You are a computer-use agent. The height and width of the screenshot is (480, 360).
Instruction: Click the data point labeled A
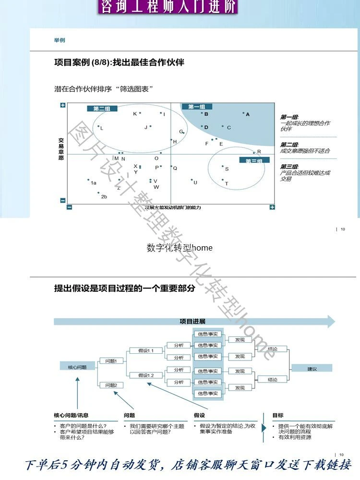[243, 113]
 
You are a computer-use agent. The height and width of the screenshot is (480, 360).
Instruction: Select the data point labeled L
[98, 127]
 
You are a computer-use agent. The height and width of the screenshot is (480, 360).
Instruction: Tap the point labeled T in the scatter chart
[223, 180]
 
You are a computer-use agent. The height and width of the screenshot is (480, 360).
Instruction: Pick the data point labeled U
[192, 180]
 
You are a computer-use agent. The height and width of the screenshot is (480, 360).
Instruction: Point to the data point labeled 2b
[98, 193]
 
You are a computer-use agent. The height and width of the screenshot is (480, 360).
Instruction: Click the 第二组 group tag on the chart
[102, 108]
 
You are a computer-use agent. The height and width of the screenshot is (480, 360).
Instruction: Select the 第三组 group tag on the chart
[253, 161]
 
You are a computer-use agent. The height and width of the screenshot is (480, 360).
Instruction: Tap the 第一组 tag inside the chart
[197, 107]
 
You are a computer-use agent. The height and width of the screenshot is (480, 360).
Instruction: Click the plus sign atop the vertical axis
[63, 105]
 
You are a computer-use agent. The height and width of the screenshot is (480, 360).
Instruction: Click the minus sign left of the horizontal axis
[69, 207]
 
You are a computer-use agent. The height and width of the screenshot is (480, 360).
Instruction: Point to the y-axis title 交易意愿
[61, 149]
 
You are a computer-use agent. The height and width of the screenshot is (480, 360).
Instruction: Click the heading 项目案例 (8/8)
[119, 62]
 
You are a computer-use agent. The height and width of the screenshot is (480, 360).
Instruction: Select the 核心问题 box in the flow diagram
[77, 367]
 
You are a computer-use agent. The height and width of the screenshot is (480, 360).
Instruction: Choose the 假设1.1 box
[146, 350]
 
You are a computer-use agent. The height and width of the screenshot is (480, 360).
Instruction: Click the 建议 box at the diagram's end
[312, 368]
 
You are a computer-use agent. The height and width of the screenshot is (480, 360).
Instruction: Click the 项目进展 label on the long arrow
[192, 321]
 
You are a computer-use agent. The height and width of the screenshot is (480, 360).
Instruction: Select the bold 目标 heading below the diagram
[277, 415]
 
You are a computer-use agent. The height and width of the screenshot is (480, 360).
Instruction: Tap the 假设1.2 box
[146, 375]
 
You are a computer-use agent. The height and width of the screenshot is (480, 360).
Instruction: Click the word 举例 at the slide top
[60, 40]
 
